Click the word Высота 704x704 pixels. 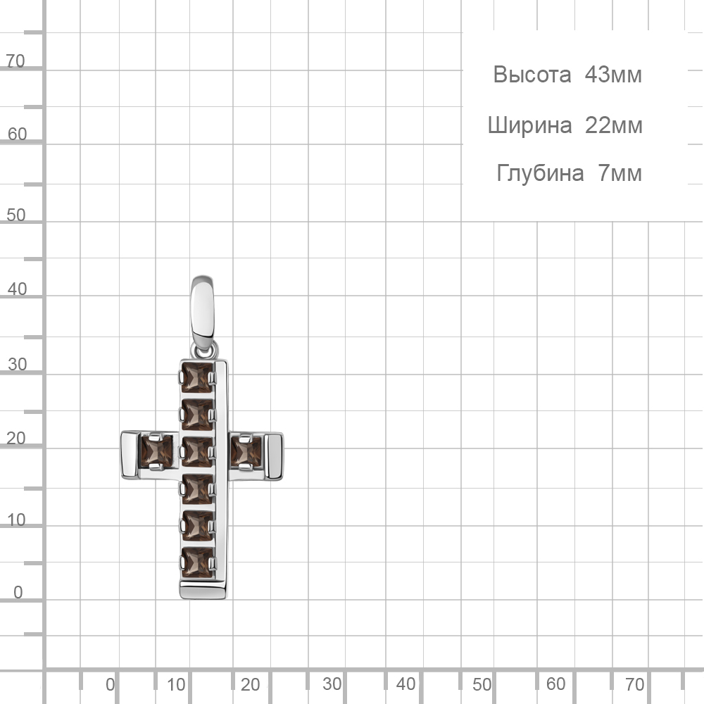coord(532,75)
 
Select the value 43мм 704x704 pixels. coord(613,75)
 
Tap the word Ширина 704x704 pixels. coord(530,125)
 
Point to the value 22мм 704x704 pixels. coord(614,125)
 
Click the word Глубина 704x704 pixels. coord(540,173)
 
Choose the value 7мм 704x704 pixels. coord(620,173)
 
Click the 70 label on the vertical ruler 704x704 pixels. coord(15,61)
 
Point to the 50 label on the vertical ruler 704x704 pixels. coord(16,215)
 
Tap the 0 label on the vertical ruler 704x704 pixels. coord(18,592)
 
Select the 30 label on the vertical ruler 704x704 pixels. coord(18,364)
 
